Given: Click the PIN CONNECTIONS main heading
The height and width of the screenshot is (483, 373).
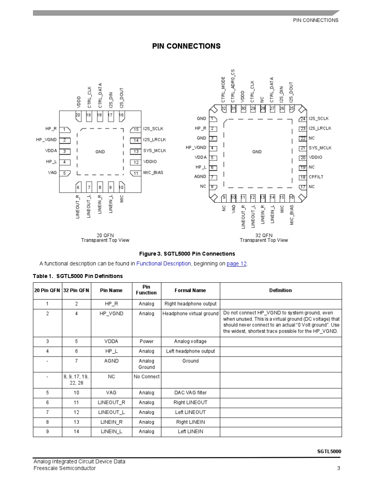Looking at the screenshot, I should pyautogui.click(x=186, y=46).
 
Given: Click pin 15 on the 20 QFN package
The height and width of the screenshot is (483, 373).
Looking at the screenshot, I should pyautogui.click(x=136, y=130).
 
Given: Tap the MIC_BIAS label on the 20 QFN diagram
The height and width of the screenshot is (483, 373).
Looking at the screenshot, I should pyautogui.click(x=153, y=173).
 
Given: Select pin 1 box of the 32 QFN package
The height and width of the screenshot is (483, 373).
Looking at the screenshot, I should pyautogui.click(x=212, y=119).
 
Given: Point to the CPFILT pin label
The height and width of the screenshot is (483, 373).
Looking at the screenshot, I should pyautogui.click(x=316, y=177).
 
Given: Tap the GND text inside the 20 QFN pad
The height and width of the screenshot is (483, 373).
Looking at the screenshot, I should pyautogui.click(x=100, y=152).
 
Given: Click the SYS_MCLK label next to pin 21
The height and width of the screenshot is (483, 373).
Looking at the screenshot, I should pyautogui.click(x=320, y=148).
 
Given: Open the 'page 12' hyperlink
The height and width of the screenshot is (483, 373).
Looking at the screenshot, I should pyautogui.click(x=236, y=264).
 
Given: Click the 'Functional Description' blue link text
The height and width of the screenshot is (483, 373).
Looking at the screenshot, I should pyautogui.click(x=163, y=264).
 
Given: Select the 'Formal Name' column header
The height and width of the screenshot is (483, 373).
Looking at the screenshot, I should pyautogui.click(x=190, y=291).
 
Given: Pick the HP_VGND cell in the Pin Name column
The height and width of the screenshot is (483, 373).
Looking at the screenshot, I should pyautogui.click(x=111, y=314).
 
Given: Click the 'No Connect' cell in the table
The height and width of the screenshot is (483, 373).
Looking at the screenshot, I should pyautogui.click(x=146, y=377).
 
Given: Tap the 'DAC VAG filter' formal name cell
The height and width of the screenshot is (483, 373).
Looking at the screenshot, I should pyautogui.click(x=190, y=393).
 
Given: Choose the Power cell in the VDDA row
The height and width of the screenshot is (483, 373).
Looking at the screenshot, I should pyautogui.click(x=146, y=342).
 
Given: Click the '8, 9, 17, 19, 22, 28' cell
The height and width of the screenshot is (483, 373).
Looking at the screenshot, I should pyautogui.click(x=76, y=380).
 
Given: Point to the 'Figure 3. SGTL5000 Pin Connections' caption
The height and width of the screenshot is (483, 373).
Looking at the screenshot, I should pyautogui.click(x=187, y=254).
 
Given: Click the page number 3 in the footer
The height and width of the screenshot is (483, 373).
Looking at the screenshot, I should pyautogui.click(x=338, y=468).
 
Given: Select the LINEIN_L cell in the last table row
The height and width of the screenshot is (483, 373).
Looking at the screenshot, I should pyautogui.click(x=111, y=432).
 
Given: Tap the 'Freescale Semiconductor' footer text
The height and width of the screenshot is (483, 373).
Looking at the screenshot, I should pyautogui.click(x=64, y=468).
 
